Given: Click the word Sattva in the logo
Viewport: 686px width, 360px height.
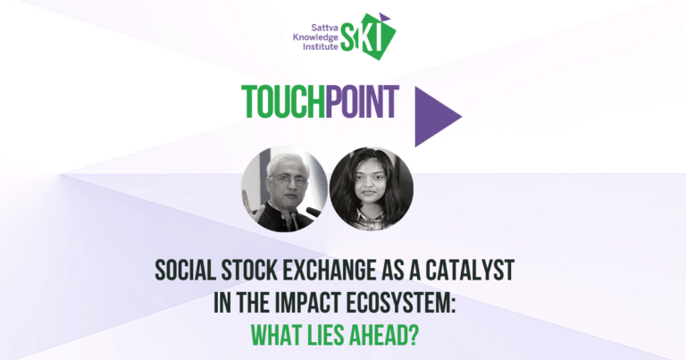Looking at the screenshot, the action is (x=324, y=29).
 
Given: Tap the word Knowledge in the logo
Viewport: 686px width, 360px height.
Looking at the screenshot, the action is (x=315, y=38).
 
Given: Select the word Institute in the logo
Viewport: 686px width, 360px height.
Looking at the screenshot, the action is (x=321, y=46).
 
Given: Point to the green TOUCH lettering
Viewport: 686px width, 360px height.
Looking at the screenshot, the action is (x=283, y=102).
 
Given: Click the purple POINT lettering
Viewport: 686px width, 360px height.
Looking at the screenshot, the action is (x=363, y=102).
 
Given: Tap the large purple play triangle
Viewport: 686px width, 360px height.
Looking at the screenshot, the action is (x=438, y=116).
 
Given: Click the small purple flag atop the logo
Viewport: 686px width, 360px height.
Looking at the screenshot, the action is (x=384, y=17).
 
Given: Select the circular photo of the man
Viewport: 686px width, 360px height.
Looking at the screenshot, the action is (x=284, y=189).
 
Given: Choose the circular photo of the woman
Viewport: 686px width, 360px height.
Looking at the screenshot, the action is (x=371, y=189).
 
